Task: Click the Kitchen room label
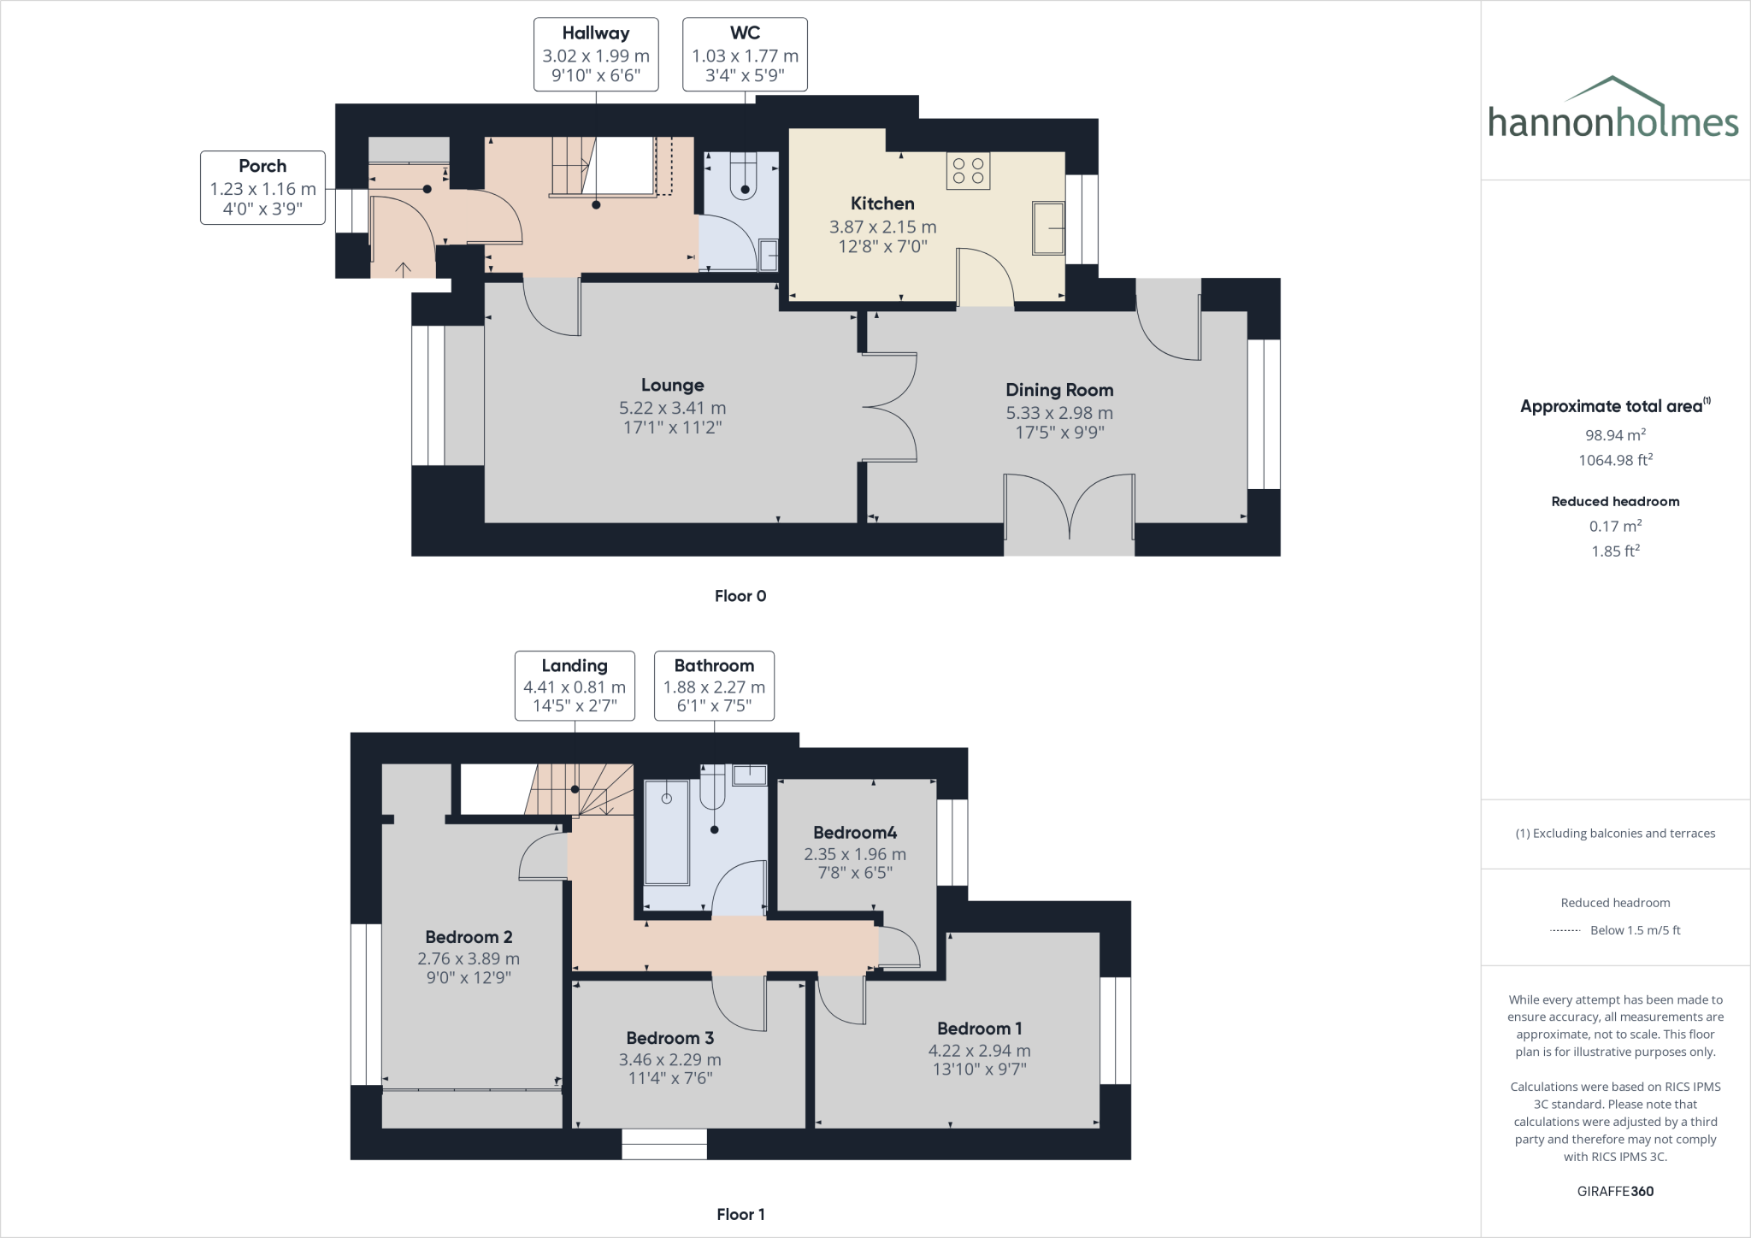coord(882,203)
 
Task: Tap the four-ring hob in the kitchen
coord(968,171)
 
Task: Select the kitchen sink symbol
coord(1049,228)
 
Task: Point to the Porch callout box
coord(262,188)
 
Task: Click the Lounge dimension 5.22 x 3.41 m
coord(672,408)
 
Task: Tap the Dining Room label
coord(1059,390)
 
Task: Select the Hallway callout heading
coord(596,33)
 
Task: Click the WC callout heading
coord(745,33)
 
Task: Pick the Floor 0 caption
coord(740,596)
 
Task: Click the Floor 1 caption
coord(740,1214)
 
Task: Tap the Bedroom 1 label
coord(979,1029)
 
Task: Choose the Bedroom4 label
coord(855,833)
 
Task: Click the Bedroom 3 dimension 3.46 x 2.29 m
coord(670,1059)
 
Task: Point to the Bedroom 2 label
coord(469,937)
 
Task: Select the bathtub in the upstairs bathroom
coord(666,832)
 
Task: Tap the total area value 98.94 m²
coord(1616,434)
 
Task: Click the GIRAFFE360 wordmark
coord(1615,1191)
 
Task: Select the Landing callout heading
coord(575,665)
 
